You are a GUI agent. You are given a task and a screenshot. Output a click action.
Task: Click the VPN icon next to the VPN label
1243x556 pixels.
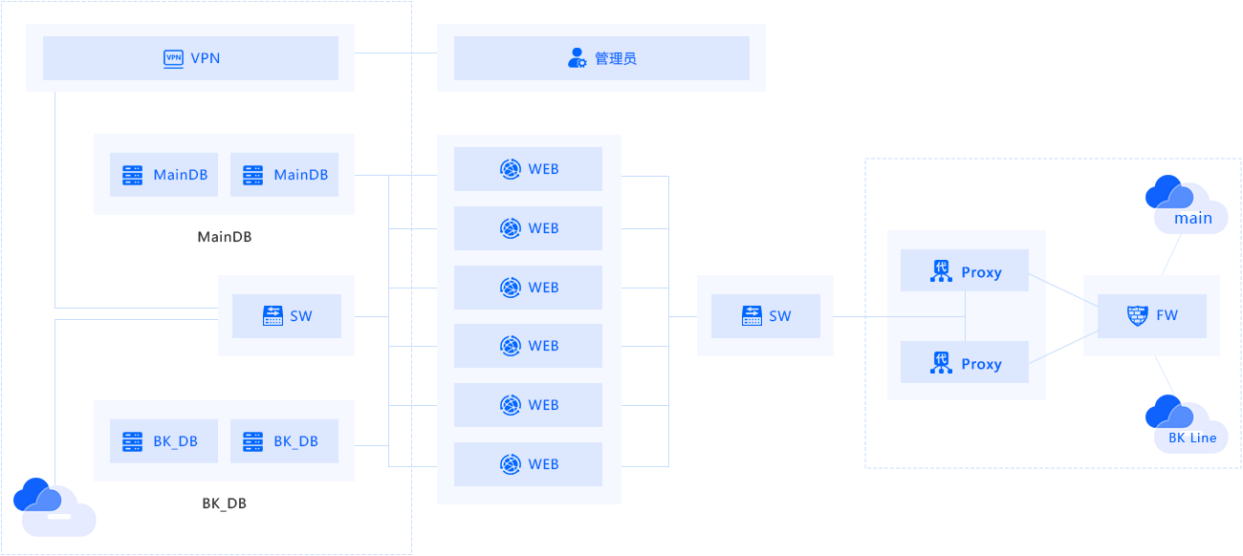pos(173,58)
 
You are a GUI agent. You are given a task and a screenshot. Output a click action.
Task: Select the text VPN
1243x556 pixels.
pos(206,58)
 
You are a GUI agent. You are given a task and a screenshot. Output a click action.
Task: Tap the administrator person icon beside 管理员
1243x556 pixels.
pos(578,57)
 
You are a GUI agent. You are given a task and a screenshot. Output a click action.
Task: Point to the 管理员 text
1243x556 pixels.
pos(616,58)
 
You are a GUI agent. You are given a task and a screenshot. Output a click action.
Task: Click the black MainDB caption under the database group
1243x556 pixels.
pos(225,237)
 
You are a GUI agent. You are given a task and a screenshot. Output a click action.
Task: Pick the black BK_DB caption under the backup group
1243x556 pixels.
pos(224,503)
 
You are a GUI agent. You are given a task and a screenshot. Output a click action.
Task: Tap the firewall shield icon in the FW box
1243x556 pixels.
pos(1138,315)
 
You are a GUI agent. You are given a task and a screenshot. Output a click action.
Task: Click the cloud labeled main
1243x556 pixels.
pos(1187,204)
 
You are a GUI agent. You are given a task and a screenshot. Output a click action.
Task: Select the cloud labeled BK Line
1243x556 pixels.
pos(1187,423)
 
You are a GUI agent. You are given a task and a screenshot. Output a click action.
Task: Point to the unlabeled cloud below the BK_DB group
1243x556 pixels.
pos(55,507)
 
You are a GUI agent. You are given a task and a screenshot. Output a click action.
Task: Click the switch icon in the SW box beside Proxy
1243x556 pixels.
pos(752,315)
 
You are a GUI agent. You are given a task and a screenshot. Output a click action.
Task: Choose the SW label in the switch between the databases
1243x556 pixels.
pos(301,316)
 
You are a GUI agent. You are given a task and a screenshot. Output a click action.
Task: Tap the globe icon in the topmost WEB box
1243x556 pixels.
pos(510,169)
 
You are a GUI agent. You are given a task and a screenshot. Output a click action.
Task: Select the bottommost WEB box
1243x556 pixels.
pos(528,464)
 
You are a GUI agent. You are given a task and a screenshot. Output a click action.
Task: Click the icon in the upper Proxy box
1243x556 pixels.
pos(941,271)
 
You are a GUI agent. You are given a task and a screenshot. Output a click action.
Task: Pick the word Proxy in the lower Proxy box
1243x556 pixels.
pos(982,364)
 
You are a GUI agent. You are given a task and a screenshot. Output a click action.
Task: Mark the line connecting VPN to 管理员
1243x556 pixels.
pos(396,53)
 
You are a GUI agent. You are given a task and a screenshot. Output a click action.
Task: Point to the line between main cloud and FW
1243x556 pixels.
pos(1171,254)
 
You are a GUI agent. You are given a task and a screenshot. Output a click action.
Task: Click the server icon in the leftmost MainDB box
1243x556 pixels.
pos(132,175)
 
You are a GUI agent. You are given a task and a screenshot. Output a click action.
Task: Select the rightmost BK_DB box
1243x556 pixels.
pos(284,441)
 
